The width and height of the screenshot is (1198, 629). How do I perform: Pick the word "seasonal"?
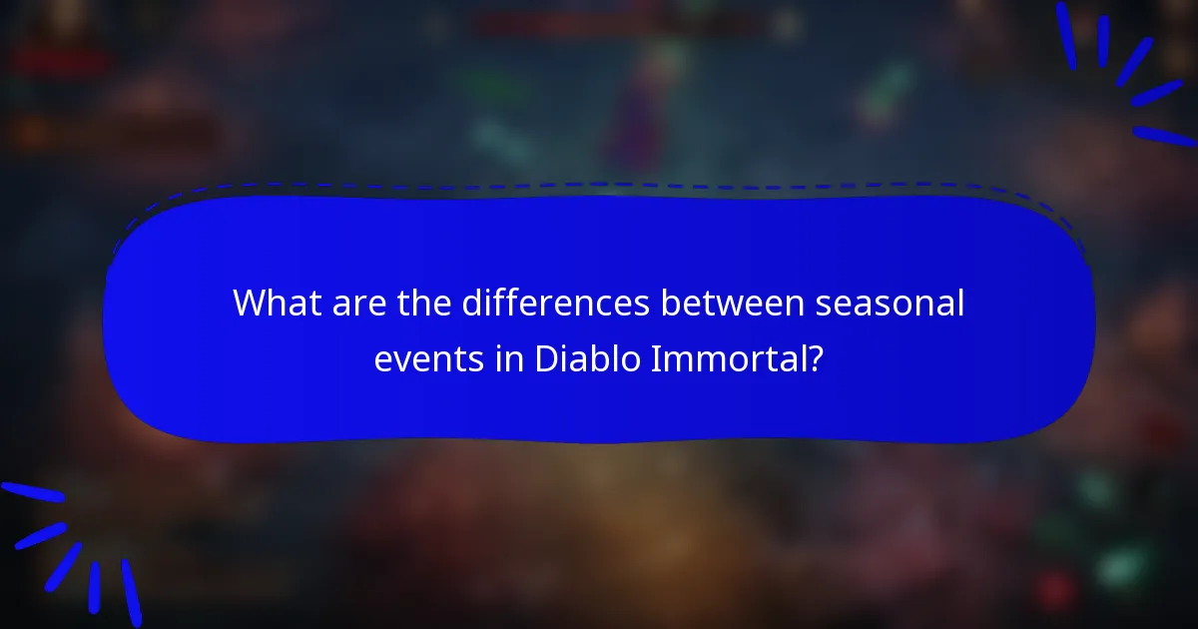(892, 304)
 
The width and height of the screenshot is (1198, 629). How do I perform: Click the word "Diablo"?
(585, 358)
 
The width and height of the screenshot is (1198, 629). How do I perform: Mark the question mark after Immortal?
(816, 358)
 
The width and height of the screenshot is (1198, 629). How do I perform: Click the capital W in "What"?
(249, 304)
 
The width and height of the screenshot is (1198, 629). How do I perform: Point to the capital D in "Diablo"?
(545, 358)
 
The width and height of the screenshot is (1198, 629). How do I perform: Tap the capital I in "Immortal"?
(654, 358)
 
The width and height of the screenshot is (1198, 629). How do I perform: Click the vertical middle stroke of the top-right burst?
(1103, 40)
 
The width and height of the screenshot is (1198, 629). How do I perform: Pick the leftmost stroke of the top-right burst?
(1066, 35)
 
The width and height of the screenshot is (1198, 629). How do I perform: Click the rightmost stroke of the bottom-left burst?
(131, 592)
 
